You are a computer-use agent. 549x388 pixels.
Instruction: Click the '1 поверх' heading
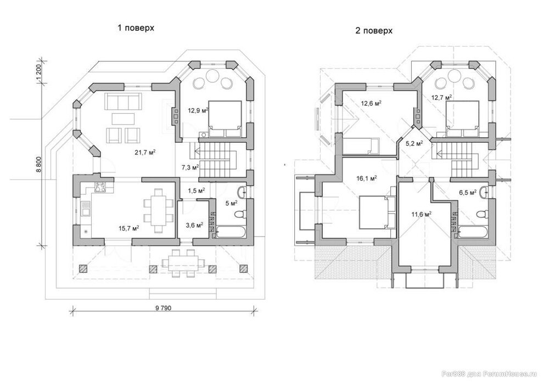136,28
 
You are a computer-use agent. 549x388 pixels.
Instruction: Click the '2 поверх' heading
374,31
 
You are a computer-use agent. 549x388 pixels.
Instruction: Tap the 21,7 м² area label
145,153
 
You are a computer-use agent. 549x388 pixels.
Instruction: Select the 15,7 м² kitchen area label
128,228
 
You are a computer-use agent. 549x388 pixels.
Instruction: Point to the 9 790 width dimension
164,308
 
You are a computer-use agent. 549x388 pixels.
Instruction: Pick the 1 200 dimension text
39,73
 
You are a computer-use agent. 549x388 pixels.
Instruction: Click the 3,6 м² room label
194,226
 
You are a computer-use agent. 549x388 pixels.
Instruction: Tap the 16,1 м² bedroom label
366,178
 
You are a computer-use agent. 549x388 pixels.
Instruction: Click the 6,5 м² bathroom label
467,193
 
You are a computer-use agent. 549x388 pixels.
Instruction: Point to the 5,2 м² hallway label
414,143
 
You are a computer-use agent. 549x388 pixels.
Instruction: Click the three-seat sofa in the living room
123,101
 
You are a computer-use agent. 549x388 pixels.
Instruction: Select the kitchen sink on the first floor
85,209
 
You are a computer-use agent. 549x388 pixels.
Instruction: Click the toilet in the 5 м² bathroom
240,214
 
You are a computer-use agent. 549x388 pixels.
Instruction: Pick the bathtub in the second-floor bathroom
473,232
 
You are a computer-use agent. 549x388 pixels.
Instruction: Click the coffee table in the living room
123,119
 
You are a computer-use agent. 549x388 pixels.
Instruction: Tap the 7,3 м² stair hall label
191,167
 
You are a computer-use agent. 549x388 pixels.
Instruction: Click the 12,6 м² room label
371,103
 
